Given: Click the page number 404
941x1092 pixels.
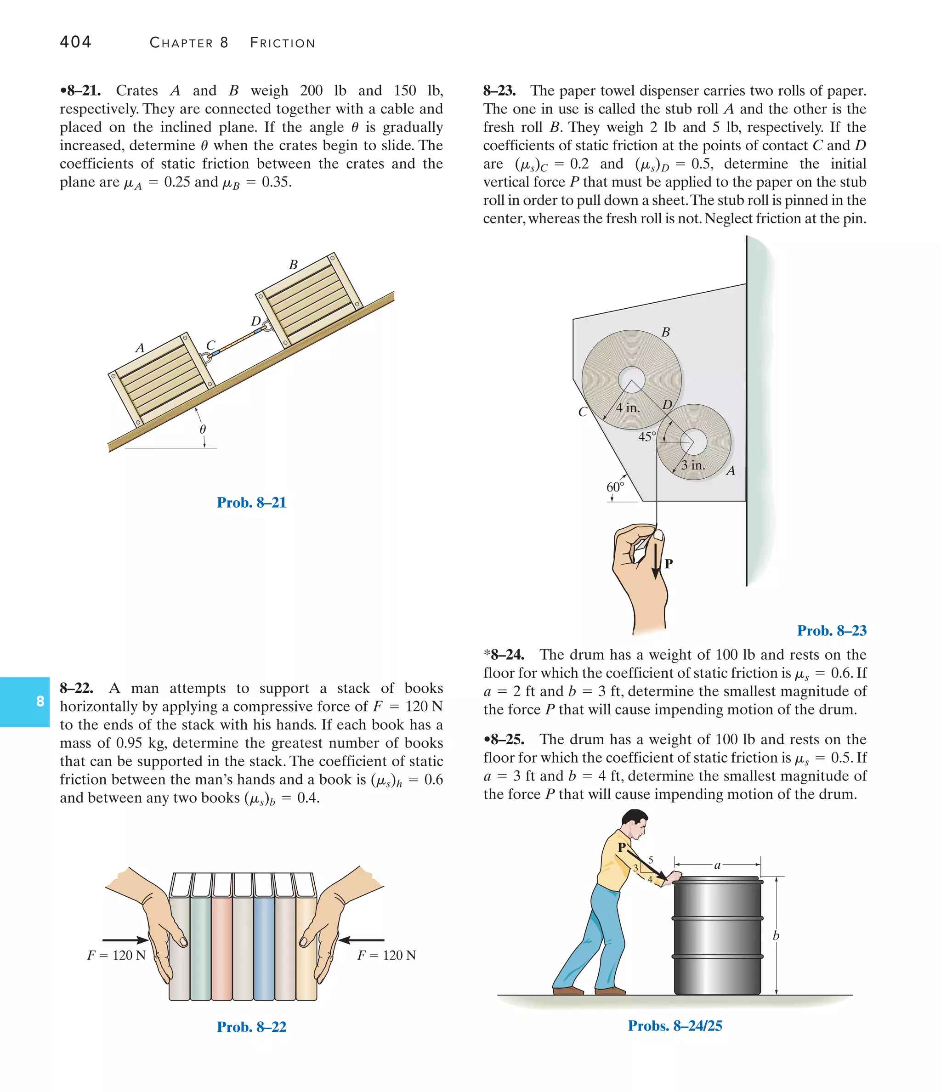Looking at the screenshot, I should (x=75, y=42).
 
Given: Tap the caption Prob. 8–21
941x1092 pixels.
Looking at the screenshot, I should (x=251, y=502).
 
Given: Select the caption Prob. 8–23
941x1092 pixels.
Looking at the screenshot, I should (x=831, y=630).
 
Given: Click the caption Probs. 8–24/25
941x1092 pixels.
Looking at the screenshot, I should (x=675, y=1025).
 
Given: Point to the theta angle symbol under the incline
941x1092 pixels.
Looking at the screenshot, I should (x=203, y=429).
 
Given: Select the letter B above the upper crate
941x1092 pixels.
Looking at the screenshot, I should (x=293, y=265).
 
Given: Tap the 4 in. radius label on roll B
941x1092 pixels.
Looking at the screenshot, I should (x=628, y=407).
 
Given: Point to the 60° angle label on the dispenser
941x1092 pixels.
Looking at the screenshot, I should (x=615, y=487).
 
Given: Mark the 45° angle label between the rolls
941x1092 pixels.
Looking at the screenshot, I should (x=647, y=436).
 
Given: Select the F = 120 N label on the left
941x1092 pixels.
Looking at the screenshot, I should (x=116, y=955).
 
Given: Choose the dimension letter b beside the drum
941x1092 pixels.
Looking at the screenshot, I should (x=776, y=935).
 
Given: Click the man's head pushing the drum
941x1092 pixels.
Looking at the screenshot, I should (x=634, y=825).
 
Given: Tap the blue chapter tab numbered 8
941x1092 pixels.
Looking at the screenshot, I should (x=25, y=702).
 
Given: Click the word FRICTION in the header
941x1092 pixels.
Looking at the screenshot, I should (x=283, y=43).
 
